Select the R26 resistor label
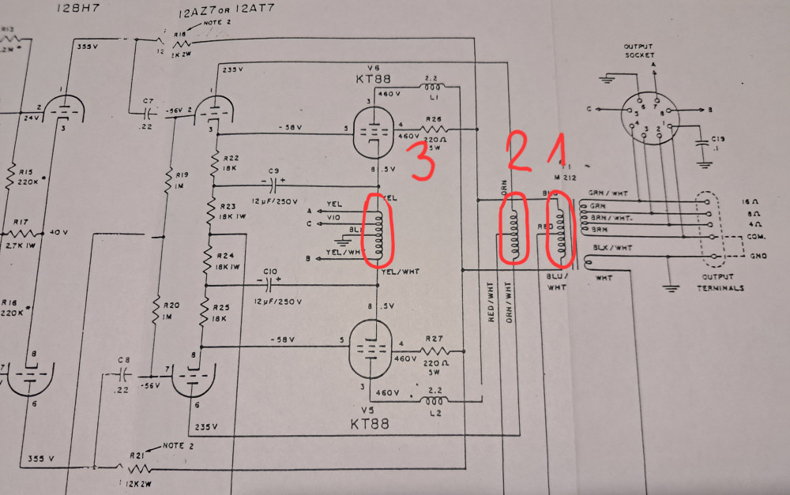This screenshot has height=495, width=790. pyautogui.click(x=433, y=119)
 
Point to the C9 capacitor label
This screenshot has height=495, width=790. pyautogui.click(x=274, y=171)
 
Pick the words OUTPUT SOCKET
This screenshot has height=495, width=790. pyautogui.click(x=640, y=50)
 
